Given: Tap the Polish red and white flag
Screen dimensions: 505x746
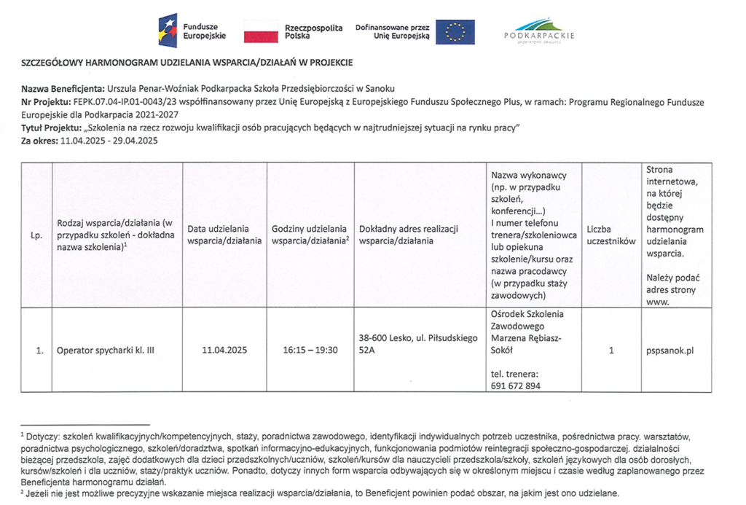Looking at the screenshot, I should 261,31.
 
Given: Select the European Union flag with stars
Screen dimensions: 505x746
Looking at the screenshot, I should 455,31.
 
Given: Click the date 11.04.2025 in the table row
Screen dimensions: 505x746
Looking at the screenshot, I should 224,350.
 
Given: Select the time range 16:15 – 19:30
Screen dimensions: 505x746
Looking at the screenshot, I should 310,350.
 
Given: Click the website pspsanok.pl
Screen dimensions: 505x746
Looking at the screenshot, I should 670,350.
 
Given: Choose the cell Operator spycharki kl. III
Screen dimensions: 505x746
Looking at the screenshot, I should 106,350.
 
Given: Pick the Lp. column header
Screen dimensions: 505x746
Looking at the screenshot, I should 36,235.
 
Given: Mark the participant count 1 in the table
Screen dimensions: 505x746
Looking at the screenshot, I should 611,350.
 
